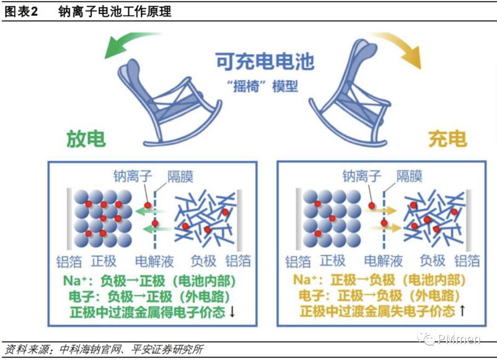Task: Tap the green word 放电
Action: click(87, 139)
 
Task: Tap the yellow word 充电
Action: click(447, 139)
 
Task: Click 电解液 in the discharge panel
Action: click(155, 261)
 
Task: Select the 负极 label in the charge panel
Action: click(433, 261)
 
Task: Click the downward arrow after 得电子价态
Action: click(232, 312)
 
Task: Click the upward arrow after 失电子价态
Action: click(462, 311)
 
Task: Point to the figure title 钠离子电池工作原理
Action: click(115, 12)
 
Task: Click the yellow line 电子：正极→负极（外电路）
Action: click(380, 296)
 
